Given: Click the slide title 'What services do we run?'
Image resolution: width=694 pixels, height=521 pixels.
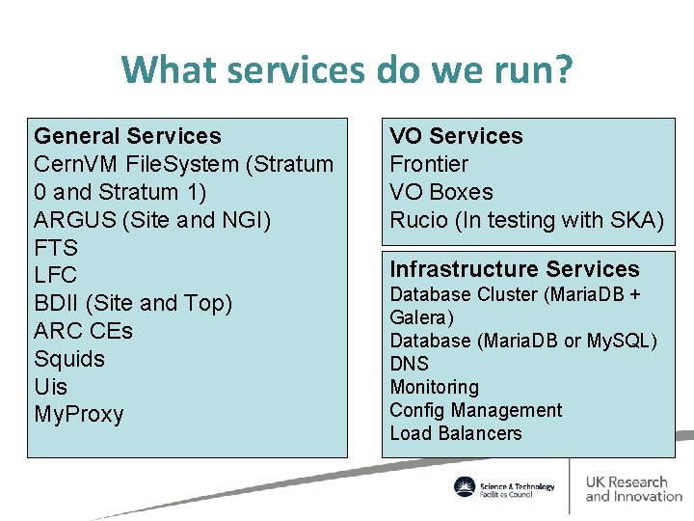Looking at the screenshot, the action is click(347, 69).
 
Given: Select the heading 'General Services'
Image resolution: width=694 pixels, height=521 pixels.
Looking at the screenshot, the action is click(127, 136).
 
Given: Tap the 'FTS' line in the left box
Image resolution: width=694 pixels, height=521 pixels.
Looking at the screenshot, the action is click(56, 247).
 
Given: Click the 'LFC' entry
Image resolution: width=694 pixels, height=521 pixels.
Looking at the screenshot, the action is click(56, 275).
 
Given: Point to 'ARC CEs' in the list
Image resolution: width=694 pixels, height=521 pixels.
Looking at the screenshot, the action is click(83, 331).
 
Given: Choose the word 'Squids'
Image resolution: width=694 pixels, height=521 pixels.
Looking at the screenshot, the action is click(69, 359).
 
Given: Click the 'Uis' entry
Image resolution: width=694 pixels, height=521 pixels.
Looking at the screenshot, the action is click(51, 387).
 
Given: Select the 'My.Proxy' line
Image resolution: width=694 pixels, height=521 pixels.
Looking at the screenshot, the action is click(79, 415).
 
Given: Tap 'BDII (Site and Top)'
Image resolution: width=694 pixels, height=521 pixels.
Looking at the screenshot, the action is click(133, 303).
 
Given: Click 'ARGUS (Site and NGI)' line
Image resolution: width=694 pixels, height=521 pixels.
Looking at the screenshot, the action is click(152, 219).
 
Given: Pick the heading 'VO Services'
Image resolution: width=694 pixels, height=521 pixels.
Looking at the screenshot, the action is click(456, 136).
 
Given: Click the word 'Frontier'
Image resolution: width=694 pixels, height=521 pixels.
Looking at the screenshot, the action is click(429, 164).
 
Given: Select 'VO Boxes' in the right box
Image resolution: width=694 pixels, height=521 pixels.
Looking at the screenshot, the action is click(440, 192).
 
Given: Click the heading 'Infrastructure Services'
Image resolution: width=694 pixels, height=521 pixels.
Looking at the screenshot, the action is click(514, 269).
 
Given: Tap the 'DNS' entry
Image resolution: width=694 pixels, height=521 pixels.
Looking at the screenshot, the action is click(409, 364).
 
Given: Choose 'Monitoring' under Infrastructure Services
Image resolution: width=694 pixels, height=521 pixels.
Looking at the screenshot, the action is click(434, 387).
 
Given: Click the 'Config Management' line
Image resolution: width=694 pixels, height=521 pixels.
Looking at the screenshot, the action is click(475, 410).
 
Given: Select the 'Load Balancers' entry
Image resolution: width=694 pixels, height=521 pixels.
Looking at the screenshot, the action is click(455, 433).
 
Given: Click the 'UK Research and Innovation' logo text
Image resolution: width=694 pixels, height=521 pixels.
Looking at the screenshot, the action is click(633, 489).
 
